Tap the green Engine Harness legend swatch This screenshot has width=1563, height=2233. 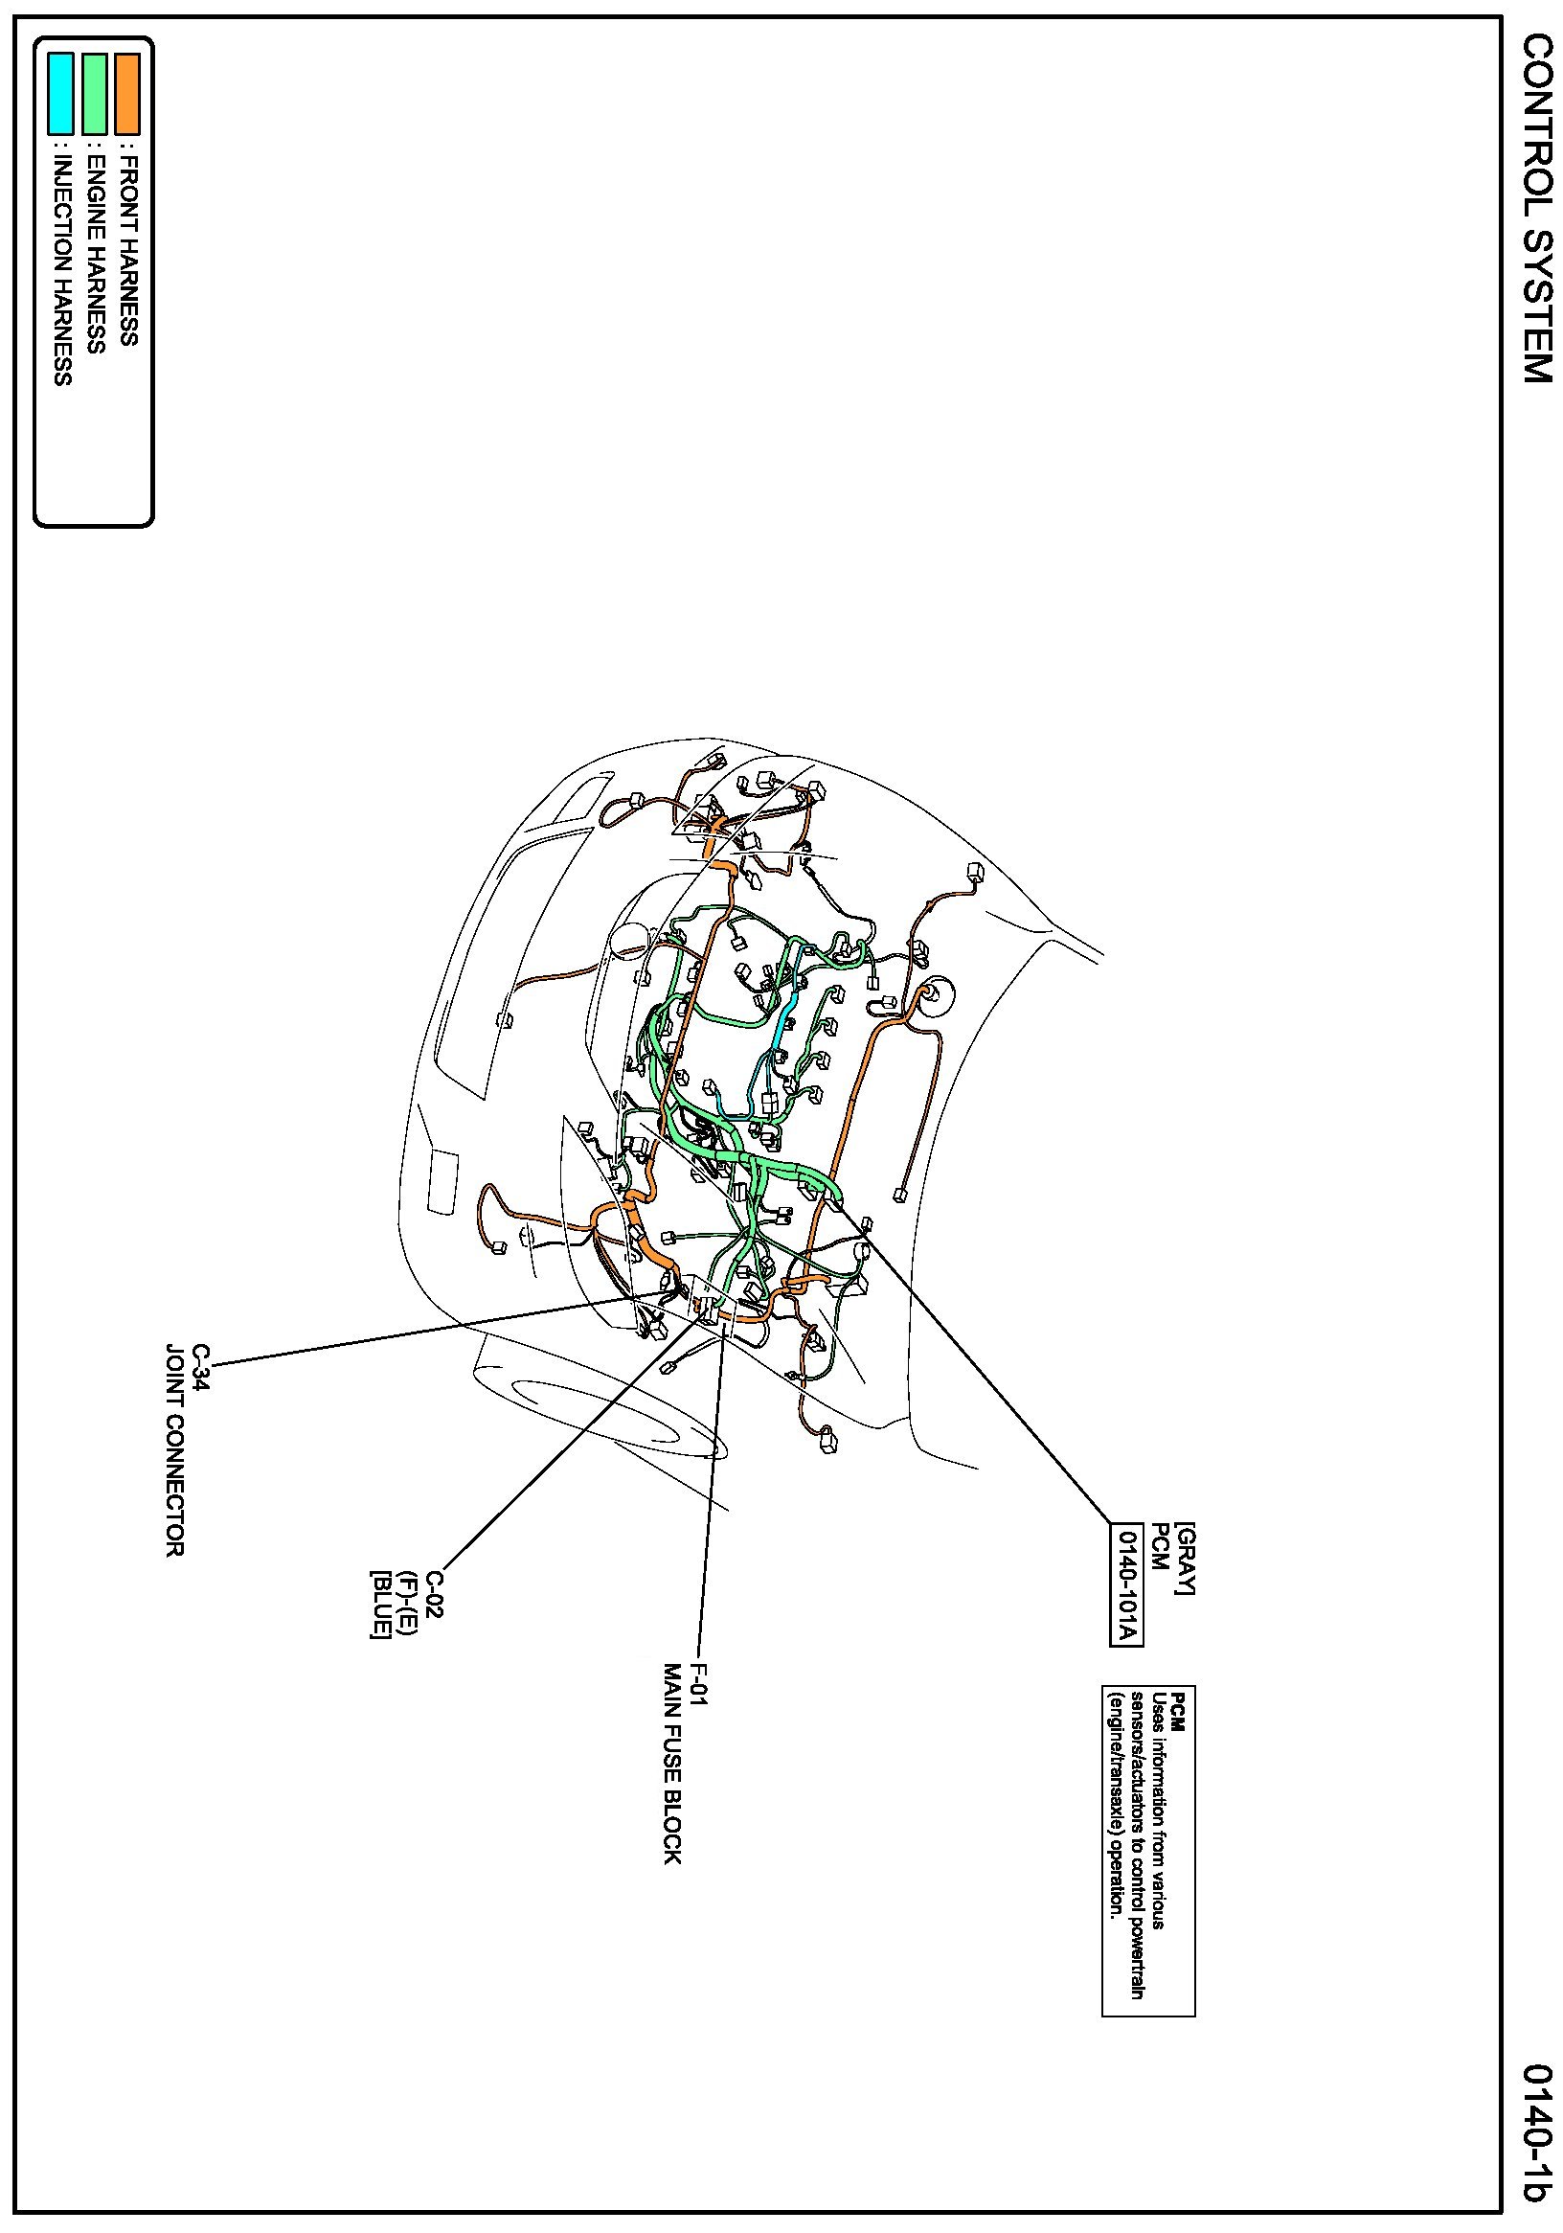pos(95,93)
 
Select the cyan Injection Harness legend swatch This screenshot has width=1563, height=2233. pos(61,93)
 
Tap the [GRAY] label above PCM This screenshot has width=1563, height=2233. pos(1184,1558)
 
